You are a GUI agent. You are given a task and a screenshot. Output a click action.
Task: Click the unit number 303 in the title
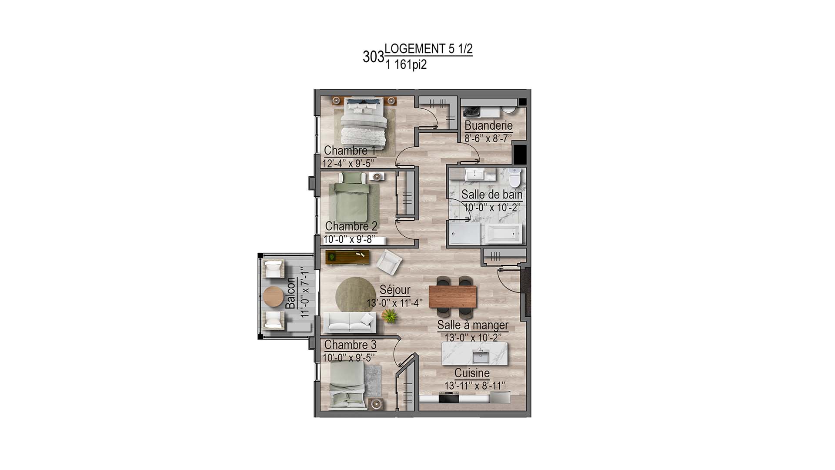(373, 57)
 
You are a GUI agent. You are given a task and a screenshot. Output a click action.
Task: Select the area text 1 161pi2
(406, 65)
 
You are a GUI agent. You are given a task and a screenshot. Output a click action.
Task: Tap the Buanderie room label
(488, 125)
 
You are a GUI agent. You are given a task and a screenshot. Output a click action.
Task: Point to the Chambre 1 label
(350, 151)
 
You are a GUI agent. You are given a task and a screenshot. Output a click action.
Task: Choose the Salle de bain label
(491, 195)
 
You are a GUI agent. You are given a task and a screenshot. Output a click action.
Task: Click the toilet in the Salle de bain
(514, 177)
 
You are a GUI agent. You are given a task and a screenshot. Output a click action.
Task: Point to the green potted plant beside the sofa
(390, 316)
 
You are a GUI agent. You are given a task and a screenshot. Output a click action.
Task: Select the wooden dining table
(453, 296)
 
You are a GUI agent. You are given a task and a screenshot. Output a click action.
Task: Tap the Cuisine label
(472, 373)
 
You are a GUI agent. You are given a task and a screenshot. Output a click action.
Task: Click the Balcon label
(291, 293)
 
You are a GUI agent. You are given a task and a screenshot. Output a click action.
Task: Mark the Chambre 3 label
(350, 345)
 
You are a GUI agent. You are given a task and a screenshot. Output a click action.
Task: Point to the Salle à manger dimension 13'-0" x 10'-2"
(473, 337)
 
